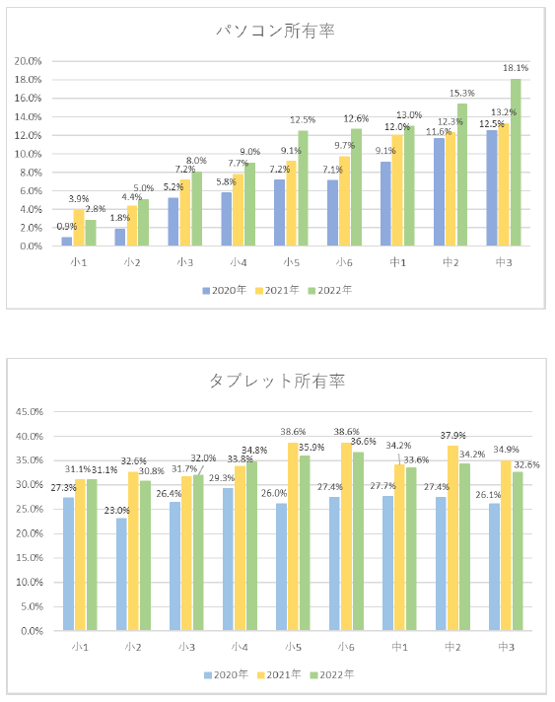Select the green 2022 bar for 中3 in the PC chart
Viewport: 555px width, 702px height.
pyautogui.click(x=515, y=163)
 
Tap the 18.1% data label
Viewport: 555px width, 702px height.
pyautogui.click(x=517, y=68)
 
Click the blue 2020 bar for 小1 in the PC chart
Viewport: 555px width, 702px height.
pyautogui.click(x=67, y=242)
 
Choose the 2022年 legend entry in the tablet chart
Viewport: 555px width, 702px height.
pyautogui.click(x=332, y=674)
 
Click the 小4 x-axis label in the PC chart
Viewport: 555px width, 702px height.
pyautogui.click(x=238, y=262)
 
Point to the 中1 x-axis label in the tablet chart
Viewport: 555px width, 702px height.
pyautogui.click(x=398, y=647)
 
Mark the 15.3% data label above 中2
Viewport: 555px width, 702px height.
pyautogui.click(x=462, y=93)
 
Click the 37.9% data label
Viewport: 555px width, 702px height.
pyautogui.click(x=453, y=437)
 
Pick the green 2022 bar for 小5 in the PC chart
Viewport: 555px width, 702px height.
pyautogui.click(x=302, y=188)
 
